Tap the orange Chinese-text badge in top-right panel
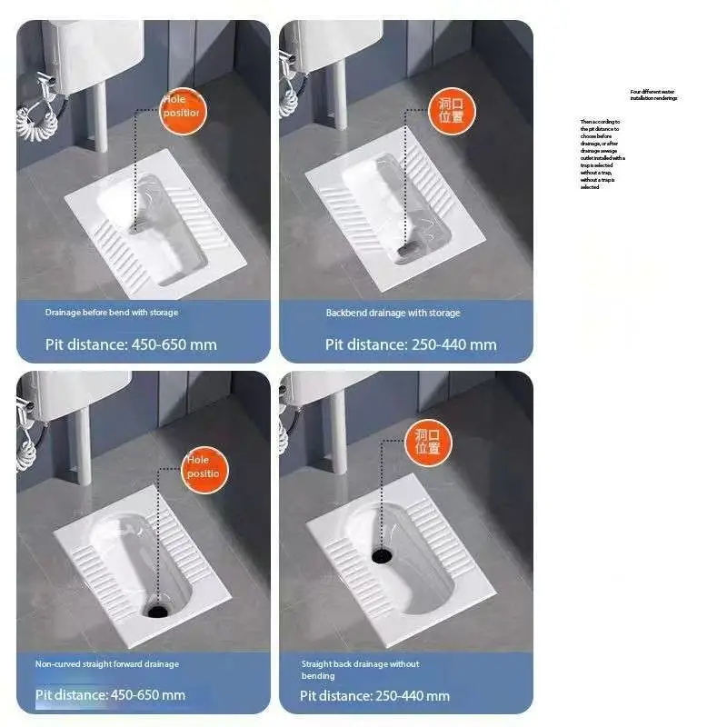pyautogui.click(x=452, y=111)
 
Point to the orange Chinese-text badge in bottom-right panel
pyautogui.click(x=427, y=441)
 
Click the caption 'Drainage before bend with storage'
pyautogui.click(x=112, y=313)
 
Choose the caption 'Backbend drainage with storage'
pyautogui.click(x=393, y=313)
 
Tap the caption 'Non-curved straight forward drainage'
pyautogui.click(x=107, y=664)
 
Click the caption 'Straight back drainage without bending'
pyautogui.click(x=360, y=670)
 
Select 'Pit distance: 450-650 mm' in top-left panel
pyautogui.click(x=132, y=344)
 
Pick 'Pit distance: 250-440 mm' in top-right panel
pyautogui.click(x=411, y=344)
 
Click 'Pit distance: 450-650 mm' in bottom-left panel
pyautogui.click(x=110, y=695)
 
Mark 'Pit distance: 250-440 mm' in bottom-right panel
pyautogui.click(x=375, y=696)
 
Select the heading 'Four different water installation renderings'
pyautogui.click(x=653, y=95)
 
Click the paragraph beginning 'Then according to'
pyautogui.click(x=603, y=154)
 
